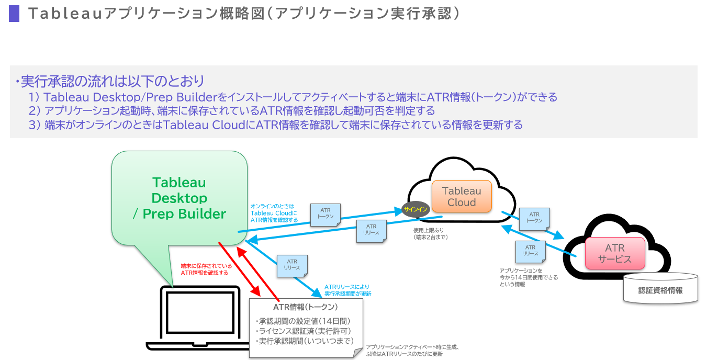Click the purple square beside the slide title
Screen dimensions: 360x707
tap(14, 14)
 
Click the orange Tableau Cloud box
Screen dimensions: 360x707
tap(462, 196)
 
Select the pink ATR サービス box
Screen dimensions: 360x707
tap(615, 253)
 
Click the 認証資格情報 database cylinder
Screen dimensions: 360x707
tap(660, 289)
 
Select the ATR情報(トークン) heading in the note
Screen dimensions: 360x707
tap(306, 307)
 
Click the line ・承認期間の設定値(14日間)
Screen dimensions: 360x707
tap(303, 320)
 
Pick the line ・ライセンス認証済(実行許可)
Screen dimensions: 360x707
tap(303, 331)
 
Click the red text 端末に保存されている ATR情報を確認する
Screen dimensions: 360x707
tap(206, 269)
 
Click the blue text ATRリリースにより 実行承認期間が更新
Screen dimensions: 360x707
tap(347, 290)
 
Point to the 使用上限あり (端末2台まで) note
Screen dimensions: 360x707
tap(431, 233)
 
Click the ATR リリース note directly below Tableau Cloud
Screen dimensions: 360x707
tap(371, 229)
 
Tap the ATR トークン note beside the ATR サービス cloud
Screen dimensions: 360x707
tap(534, 218)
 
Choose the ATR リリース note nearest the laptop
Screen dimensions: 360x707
tap(292, 265)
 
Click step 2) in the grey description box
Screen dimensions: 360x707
tap(232, 111)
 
